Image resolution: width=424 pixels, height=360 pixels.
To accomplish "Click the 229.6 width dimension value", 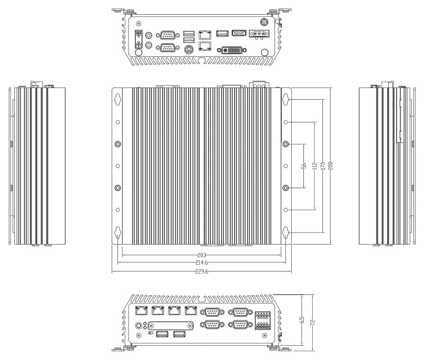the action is click(x=201, y=271).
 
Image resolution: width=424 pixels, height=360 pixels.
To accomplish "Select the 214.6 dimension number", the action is click(x=201, y=262).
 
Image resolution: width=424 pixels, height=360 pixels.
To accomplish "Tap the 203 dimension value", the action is click(x=202, y=255).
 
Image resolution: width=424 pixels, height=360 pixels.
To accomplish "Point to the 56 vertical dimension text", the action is click(x=304, y=166).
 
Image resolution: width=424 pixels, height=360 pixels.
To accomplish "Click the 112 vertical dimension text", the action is click(x=314, y=166).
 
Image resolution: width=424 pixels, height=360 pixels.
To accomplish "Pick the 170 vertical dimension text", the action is click(x=322, y=166).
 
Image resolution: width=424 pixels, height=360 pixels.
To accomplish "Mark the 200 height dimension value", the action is click(x=330, y=166).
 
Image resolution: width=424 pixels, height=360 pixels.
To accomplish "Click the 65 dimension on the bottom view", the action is click(x=302, y=320).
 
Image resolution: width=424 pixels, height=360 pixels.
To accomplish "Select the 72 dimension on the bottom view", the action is click(x=312, y=323).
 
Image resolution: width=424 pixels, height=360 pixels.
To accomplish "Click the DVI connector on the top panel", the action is click(x=232, y=50).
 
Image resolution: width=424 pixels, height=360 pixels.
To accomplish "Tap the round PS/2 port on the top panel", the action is click(x=189, y=50).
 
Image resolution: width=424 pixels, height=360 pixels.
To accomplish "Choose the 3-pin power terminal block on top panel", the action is click(x=259, y=34).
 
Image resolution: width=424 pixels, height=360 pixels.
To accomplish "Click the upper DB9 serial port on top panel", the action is click(x=167, y=35).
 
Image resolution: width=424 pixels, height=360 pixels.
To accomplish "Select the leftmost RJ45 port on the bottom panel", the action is click(x=141, y=310).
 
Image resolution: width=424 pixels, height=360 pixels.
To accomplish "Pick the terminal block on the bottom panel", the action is click(x=263, y=320).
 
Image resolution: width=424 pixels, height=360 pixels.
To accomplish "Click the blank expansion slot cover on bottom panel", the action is click(x=171, y=326).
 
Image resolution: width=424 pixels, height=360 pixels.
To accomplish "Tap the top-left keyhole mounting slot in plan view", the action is click(x=117, y=99).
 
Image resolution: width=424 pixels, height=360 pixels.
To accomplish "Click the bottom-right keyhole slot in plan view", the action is click(x=286, y=232).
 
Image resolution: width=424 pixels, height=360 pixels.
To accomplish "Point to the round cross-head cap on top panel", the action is click(x=264, y=22).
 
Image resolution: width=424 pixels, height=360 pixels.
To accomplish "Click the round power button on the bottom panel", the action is click(x=139, y=325).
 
